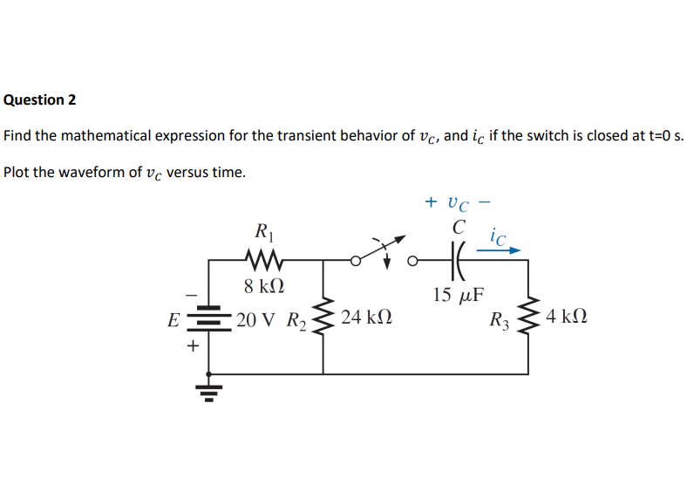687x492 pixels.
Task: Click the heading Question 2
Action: click(40, 99)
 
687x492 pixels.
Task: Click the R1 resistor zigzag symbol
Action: click(262, 259)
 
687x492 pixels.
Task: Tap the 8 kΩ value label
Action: click(262, 286)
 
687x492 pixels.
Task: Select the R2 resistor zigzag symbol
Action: click(323, 318)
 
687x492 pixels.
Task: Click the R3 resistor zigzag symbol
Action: click(527, 318)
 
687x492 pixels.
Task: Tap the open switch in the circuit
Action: click(381, 253)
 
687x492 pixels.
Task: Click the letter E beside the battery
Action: click(173, 320)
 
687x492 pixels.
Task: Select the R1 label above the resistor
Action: click(261, 233)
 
